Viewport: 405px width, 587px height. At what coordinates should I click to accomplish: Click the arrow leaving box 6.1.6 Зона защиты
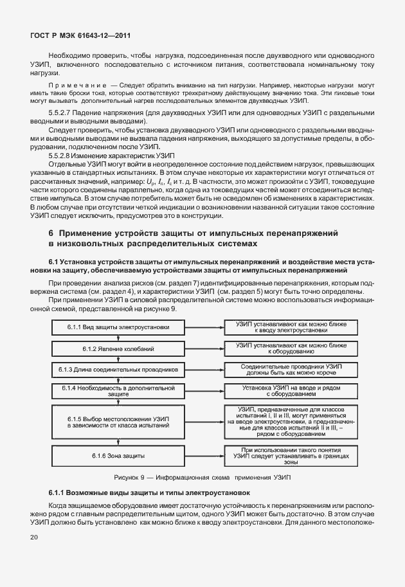click(x=204, y=455)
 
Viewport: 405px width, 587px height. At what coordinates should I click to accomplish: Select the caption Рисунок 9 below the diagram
click(x=202, y=478)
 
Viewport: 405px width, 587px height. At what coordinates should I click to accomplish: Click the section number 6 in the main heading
click(x=52, y=232)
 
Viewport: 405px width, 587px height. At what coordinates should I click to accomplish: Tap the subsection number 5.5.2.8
click(x=64, y=156)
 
